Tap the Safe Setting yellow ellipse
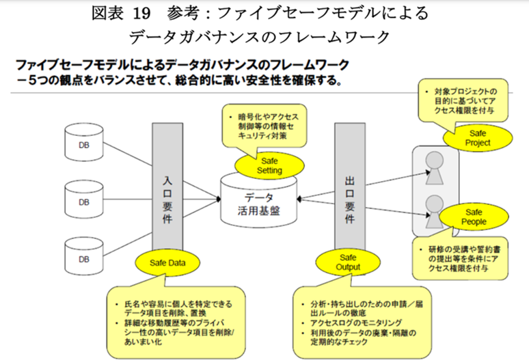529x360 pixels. click(x=260, y=163)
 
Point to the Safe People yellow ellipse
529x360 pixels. click(x=473, y=217)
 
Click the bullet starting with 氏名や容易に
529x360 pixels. click(x=176, y=306)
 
